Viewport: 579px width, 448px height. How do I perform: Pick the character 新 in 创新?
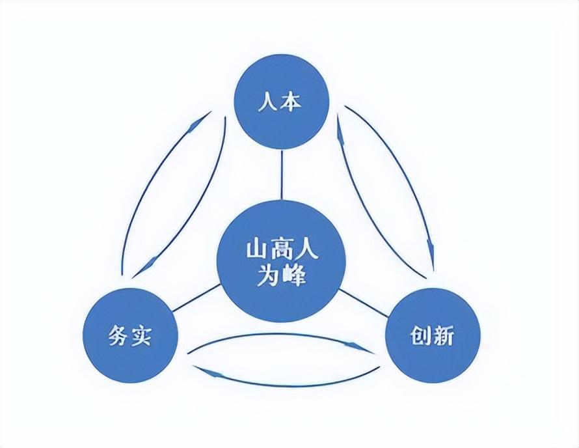pyautogui.click(x=445, y=336)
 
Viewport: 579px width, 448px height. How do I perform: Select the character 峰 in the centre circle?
pyautogui.click(x=293, y=277)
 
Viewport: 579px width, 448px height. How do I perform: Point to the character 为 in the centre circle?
pyautogui.click(x=269, y=277)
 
